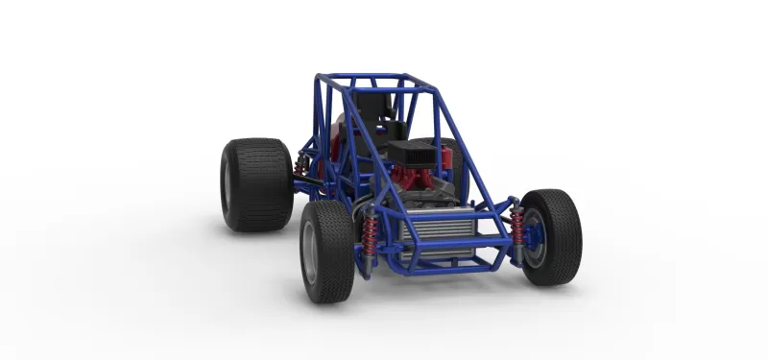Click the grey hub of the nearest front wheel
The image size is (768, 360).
(308, 255)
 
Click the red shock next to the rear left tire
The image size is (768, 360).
(301, 170)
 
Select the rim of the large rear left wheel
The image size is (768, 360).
(229, 184)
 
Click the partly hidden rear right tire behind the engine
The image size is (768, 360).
(451, 158)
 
